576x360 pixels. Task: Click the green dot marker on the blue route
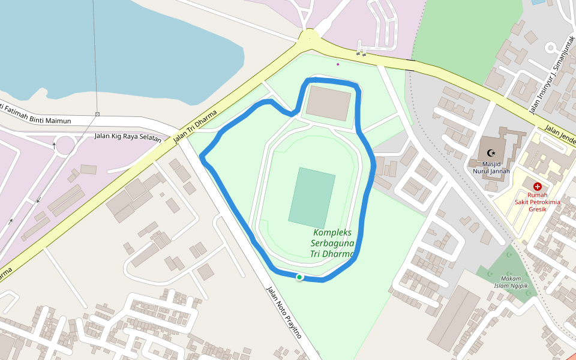pyautogui.click(x=299, y=277)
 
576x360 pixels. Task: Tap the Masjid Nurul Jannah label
pyautogui.click(x=491, y=167)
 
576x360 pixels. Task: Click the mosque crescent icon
pyautogui.click(x=493, y=154)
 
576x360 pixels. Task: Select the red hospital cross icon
pyautogui.click(x=537, y=187)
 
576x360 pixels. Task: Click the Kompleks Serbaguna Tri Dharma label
pyautogui.click(x=332, y=243)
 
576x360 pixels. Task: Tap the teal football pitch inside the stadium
pyautogui.click(x=312, y=197)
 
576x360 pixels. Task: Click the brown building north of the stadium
pyautogui.click(x=328, y=103)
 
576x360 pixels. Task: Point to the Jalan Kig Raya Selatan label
pyautogui.click(x=128, y=136)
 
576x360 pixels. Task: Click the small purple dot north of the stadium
pyautogui.click(x=338, y=64)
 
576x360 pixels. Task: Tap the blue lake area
pyautogui.click(x=120, y=42)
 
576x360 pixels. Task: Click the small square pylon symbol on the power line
pyautogui.click(x=97, y=114)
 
